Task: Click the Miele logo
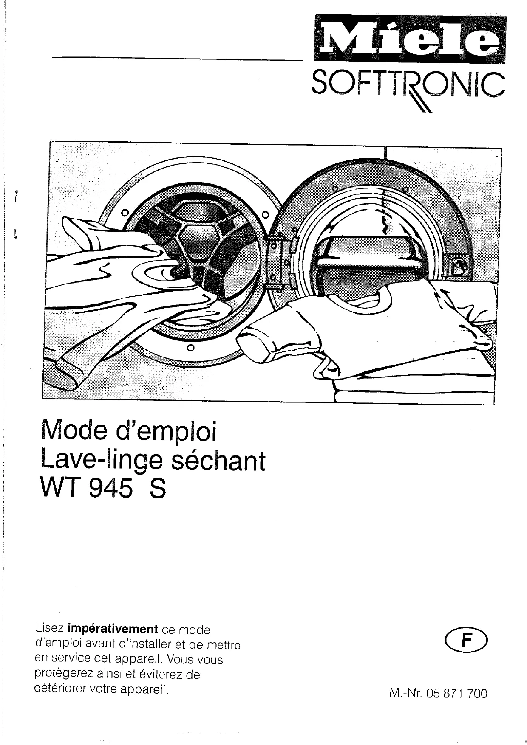click(409, 39)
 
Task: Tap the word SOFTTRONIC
click(408, 84)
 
